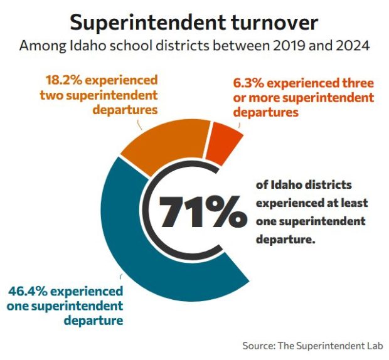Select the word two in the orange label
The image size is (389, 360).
[x=51, y=95]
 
